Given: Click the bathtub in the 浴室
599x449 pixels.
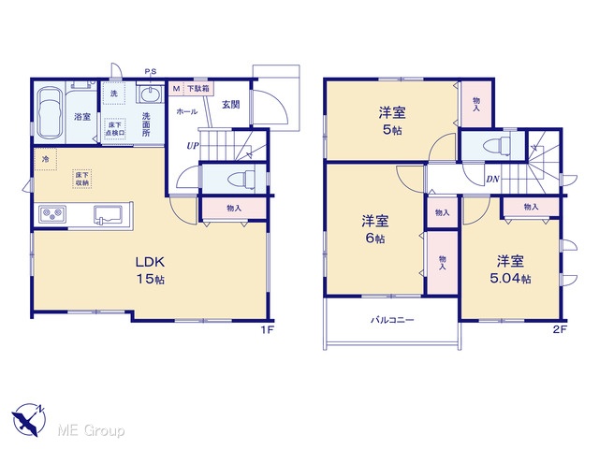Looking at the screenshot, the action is [x=50, y=114].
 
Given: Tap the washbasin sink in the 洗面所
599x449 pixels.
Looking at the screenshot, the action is [x=150, y=94].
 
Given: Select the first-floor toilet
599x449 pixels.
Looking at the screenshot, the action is [x=241, y=178].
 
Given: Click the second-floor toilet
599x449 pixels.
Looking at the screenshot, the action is [x=496, y=146].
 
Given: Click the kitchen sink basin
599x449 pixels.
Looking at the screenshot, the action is [x=108, y=214].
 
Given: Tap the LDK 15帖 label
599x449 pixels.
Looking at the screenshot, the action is [x=151, y=270].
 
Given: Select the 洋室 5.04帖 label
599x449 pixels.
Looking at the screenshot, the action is [x=510, y=269].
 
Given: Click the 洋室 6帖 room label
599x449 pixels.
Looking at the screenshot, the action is [x=375, y=229].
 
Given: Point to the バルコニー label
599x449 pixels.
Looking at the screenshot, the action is [x=392, y=320].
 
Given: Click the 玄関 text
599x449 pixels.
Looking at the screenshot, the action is [x=231, y=104].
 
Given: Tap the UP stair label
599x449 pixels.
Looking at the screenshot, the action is [x=193, y=146].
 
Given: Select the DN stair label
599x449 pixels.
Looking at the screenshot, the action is [x=492, y=179].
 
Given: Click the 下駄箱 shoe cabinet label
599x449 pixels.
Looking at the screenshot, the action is [x=197, y=89].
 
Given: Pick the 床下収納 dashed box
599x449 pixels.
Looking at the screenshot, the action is [x=82, y=179].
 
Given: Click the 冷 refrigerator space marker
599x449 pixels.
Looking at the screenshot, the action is [x=45, y=159].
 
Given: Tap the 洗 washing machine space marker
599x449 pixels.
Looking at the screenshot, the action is [x=114, y=94].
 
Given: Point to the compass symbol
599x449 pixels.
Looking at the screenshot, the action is [x=29, y=420].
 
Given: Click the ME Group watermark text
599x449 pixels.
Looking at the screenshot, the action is [x=91, y=431].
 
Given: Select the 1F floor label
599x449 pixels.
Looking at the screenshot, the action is [x=268, y=330].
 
